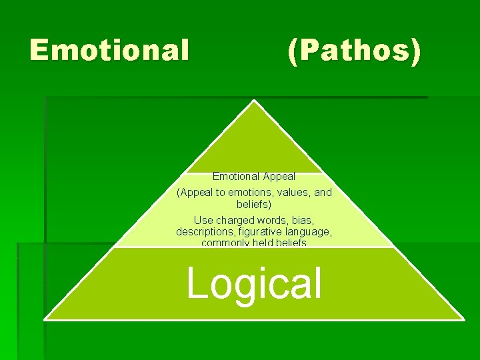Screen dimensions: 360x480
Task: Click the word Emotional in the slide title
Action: click(109, 50)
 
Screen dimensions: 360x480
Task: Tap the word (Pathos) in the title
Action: click(354, 51)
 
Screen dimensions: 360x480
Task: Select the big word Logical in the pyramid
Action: click(254, 283)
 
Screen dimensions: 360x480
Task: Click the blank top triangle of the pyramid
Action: click(254, 143)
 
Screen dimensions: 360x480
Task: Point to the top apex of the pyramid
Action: click(254, 101)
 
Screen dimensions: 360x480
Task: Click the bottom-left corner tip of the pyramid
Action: click(45, 319)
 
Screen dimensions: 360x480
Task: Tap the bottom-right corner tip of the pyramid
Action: click(463, 319)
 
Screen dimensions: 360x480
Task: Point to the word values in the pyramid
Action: click(295, 193)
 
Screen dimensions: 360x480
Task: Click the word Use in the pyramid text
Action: click(203, 220)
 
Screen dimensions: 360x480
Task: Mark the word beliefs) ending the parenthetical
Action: click(254, 205)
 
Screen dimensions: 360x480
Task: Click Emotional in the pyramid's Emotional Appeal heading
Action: click(235, 177)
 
